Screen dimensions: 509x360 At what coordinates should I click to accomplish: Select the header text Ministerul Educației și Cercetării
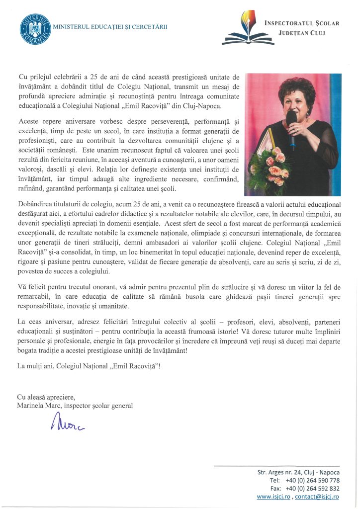point(109,25)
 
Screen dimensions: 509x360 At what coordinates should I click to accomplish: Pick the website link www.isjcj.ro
point(274,497)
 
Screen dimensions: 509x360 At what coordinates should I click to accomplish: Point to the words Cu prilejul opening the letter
point(35,77)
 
